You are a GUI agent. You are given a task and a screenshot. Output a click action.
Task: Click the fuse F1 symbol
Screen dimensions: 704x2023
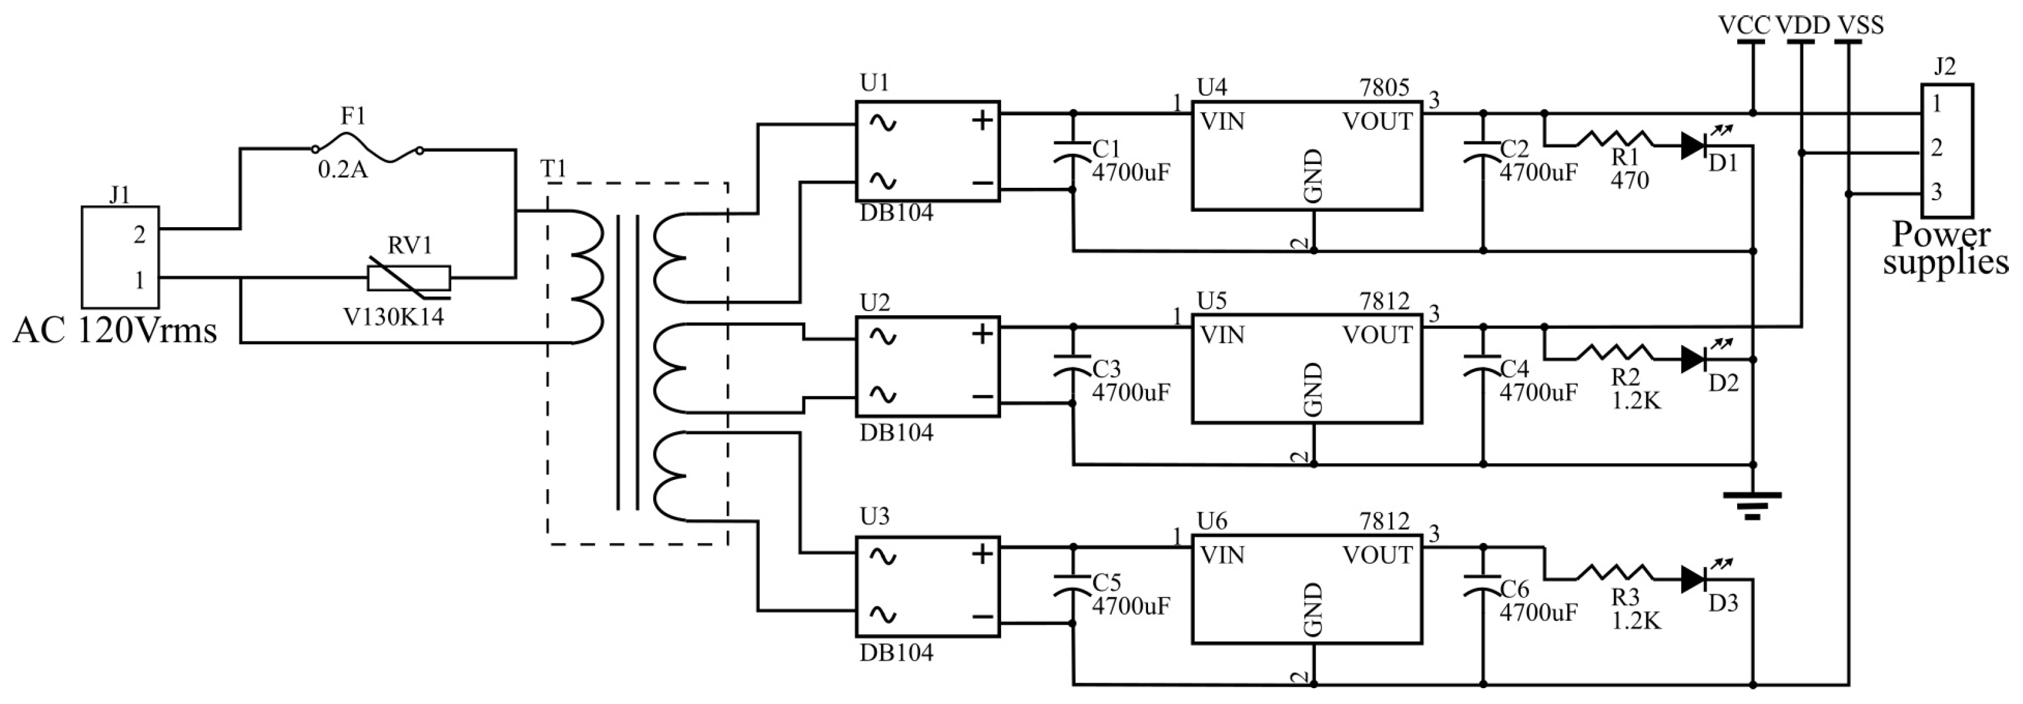tap(366, 148)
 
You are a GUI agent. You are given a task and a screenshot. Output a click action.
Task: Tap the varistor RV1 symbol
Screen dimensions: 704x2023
tap(409, 278)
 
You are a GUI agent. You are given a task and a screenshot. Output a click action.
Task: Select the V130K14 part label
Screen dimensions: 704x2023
tap(394, 316)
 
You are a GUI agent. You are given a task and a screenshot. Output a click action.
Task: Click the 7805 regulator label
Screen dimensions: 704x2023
tap(1384, 86)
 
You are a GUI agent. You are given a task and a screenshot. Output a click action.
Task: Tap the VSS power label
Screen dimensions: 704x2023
tap(1860, 25)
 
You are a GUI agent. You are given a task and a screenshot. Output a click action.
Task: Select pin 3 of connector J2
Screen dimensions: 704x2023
tap(1937, 192)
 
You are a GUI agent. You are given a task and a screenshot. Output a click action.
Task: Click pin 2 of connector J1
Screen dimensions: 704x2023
tap(140, 234)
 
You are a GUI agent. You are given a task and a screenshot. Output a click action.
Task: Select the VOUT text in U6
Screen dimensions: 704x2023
tap(1378, 555)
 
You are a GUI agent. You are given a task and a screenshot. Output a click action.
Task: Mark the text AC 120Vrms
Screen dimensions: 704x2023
tap(114, 331)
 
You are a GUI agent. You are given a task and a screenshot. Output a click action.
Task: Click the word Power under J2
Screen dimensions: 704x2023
tap(1942, 234)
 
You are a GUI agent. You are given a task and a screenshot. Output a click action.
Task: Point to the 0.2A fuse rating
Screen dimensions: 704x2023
tap(342, 170)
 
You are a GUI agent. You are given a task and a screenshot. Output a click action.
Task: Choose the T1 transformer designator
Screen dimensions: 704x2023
tap(553, 169)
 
